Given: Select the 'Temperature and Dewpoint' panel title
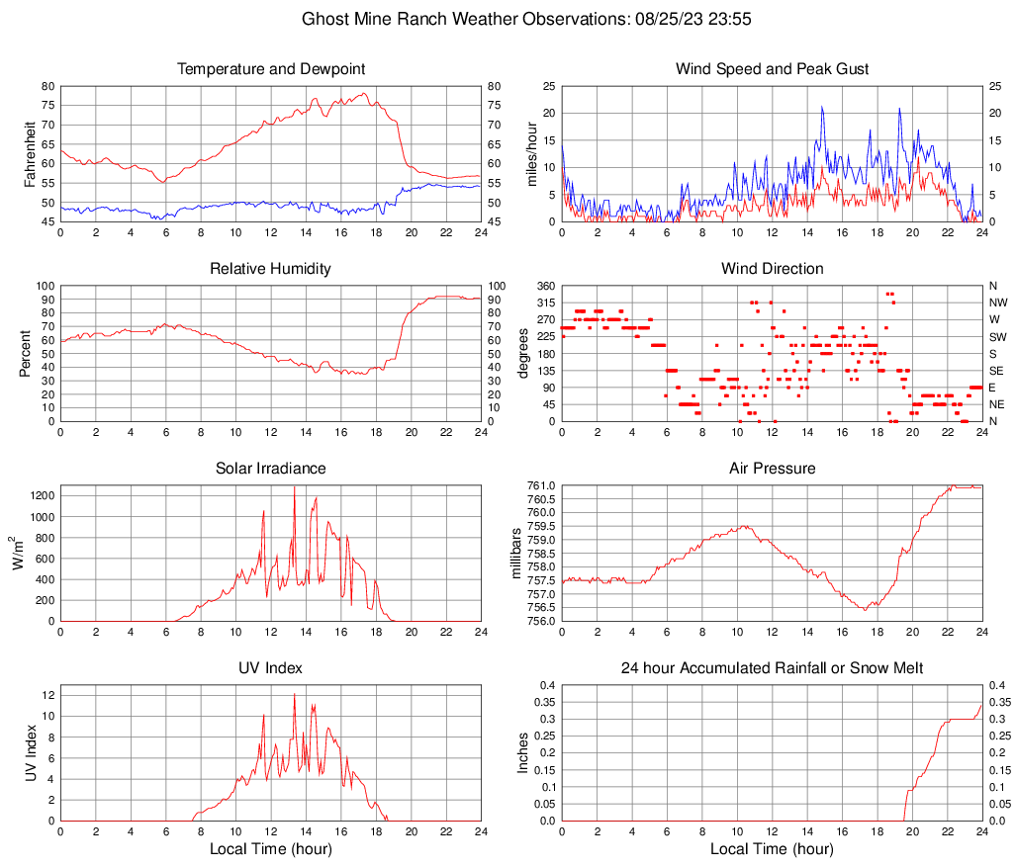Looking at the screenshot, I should (271, 69).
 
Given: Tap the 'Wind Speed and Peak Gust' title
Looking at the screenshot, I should (772, 69).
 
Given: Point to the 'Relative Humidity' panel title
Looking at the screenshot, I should (271, 269).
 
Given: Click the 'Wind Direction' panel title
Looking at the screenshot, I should (772, 269).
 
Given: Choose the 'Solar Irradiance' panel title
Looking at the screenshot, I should (271, 469).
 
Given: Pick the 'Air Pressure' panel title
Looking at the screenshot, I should (772, 469).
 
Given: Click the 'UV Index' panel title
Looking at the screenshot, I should (271, 668).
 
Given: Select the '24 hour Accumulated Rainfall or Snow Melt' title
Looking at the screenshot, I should (772, 668).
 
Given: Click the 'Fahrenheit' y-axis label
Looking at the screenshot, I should (29, 154).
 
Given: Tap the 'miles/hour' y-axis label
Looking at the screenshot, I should (530, 154).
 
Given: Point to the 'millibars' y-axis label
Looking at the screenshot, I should (515, 554).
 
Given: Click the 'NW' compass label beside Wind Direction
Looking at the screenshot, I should (997, 303).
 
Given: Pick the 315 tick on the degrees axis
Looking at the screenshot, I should (543, 303).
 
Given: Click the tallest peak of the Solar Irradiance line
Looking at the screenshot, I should (294, 487).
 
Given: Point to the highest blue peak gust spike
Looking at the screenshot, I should (822, 108).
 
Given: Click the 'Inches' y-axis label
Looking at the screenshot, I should (523, 753).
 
